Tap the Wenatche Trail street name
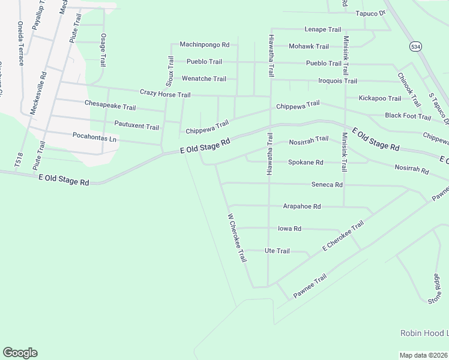coord(204,79)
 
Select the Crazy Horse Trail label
coord(165,94)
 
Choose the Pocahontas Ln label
coord(94,137)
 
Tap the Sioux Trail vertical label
coord(170,71)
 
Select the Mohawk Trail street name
coord(309,46)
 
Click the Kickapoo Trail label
coord(379,98)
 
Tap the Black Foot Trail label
coord(408,116)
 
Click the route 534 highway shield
coord(415,46)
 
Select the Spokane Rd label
coord(306,162)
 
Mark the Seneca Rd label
coord(327,185)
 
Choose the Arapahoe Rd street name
coord(302,206)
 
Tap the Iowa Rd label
coord(289,229)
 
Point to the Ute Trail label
coord(277,251)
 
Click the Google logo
coord(20,353)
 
